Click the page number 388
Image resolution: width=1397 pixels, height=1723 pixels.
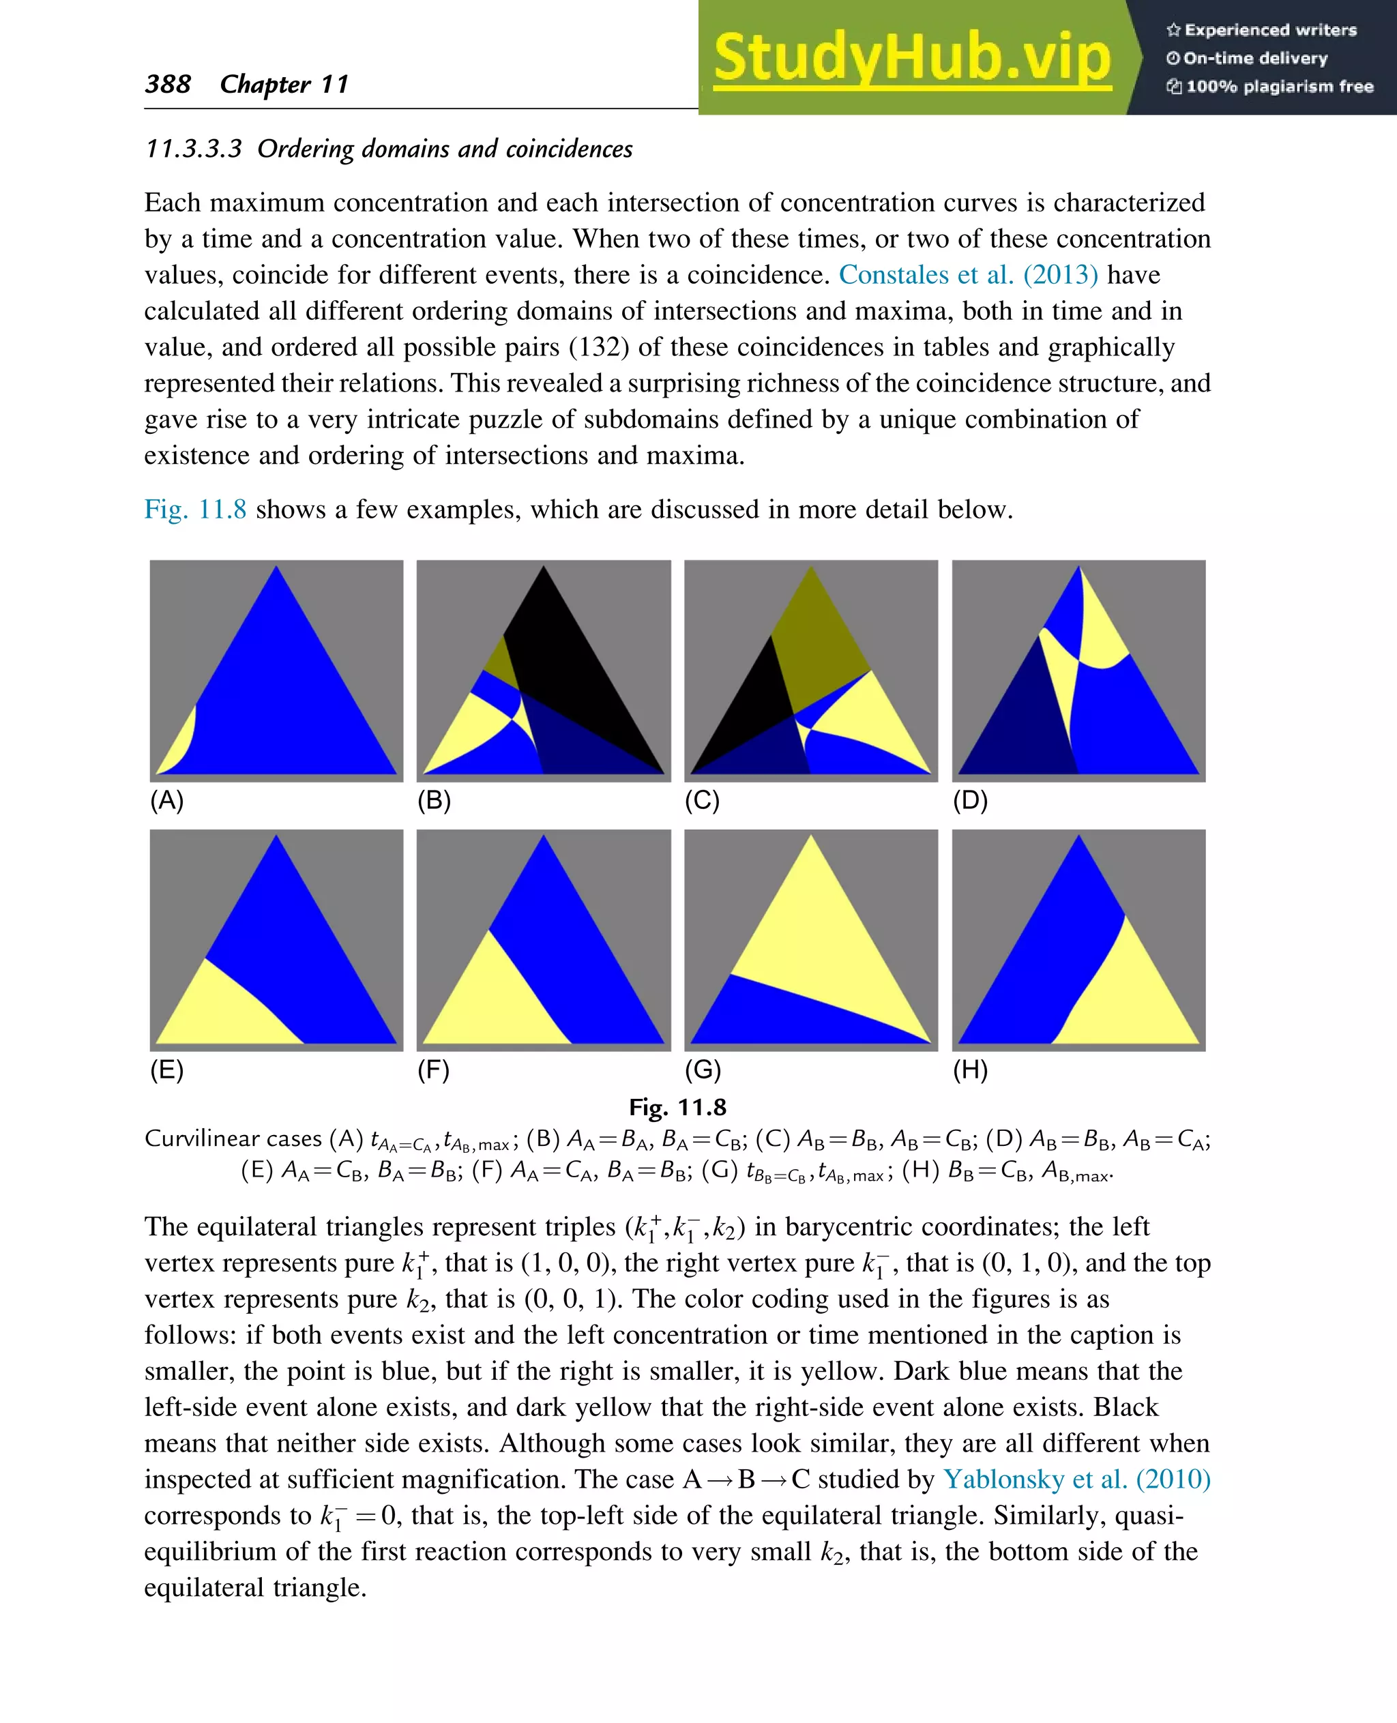167,84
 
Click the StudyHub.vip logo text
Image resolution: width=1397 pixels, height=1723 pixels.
912,58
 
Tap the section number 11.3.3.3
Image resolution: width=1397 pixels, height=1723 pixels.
193,149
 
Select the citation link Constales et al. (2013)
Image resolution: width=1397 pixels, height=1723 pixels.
967,274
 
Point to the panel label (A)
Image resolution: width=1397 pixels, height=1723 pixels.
166,800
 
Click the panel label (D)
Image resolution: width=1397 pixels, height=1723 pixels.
970,800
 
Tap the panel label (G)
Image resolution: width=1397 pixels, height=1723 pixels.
702,1070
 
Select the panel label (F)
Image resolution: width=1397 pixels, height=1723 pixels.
433,1070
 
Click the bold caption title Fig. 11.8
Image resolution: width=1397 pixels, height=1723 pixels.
677,1107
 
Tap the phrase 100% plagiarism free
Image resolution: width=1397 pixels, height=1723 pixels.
1279,86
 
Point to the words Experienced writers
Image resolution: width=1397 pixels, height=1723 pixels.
1270,30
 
